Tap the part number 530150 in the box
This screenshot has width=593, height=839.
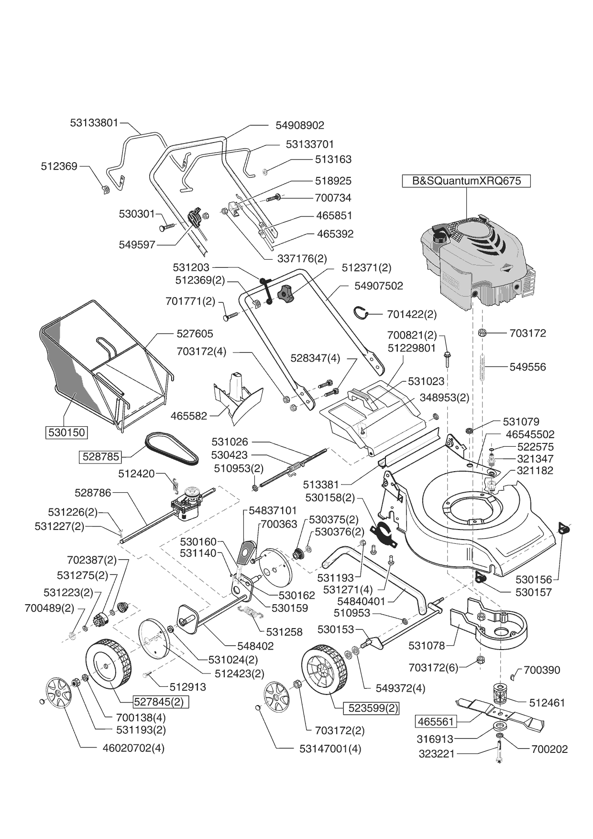click(x=66, y=432)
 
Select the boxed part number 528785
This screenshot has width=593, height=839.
click(x=100, y=456)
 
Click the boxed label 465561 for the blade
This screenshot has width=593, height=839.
click(x=436, y=721)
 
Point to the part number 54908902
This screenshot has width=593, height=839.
click(x=300, y=125)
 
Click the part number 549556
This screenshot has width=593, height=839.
click(x=527, y=367)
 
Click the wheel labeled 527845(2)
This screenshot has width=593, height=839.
click(x=108, y=664)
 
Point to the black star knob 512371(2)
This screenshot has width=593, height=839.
click(x=287, y=292)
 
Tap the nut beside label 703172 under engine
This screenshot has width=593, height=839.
click(x=482, y=332)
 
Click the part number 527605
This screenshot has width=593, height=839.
click(x=195, y=333)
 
